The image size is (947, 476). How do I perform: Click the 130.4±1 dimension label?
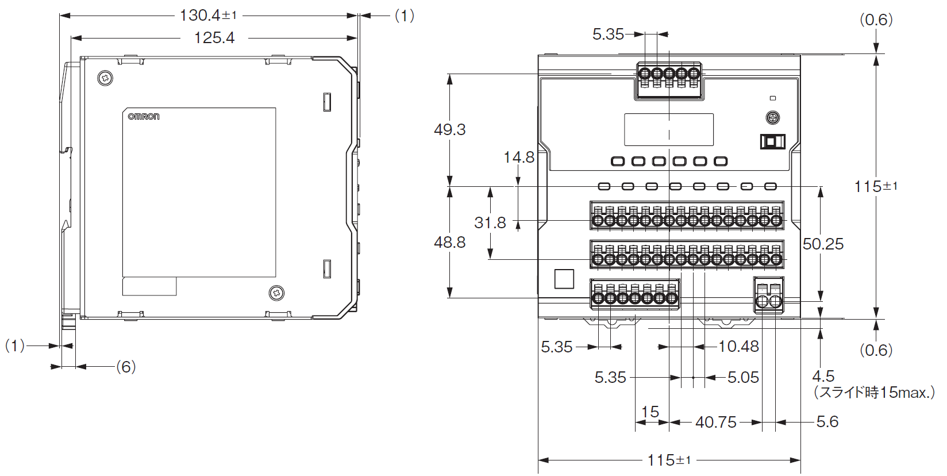pyautogui.click(x=208, y=16)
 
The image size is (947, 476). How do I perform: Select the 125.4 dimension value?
pyautogui.click(x=214, y=38)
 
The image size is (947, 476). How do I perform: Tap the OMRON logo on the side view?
pyautogui.click(x=144, y=116)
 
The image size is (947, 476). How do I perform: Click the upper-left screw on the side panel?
pyautogui.click(x=105, y=78)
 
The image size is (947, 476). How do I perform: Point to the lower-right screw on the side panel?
pyautogui.click(x=276, y=293)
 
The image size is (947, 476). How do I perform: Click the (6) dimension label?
pyautogui.click(x=126, y=367)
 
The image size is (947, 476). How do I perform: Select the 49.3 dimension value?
pyautogui.click(x=449, y=129)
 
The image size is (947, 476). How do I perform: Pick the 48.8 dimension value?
pyautogui.click(x=449, y=243)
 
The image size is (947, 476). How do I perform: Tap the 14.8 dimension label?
pyautogui.click(x=519, y=158)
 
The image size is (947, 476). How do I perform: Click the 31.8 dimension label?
pyautogui.click(x=490, y=222)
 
